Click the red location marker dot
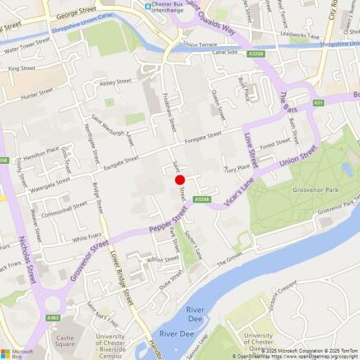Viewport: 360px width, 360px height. coord(180,180)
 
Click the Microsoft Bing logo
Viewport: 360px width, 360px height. coord(16,350)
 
